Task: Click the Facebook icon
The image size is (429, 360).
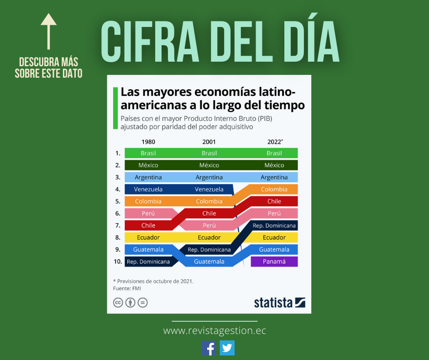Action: [209, 348]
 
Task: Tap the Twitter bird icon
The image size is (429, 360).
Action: [227, 348]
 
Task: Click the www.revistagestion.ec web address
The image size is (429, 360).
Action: [214, 331]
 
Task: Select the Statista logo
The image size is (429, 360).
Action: [279, 302]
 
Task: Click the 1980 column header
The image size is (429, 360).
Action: [148, 142]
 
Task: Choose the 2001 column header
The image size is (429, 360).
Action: [209, 142]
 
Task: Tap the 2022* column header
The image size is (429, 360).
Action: [275, 142]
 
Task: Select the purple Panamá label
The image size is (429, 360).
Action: [274, 262]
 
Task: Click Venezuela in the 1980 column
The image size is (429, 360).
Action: [148, 189]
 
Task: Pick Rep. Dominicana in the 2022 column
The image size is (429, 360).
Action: [274, 225]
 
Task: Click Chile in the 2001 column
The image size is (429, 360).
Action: [209, 213]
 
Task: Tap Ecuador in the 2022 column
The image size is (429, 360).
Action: [274, 238]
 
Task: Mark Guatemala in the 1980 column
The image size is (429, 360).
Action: [148, 249]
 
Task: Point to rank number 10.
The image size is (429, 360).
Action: [118, 262]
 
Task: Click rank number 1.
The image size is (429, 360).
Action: [118, 153]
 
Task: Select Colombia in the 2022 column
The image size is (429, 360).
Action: [274, 189]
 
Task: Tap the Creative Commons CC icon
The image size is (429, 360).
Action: [118, 302]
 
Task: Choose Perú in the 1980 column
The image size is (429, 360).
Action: [148, 213]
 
